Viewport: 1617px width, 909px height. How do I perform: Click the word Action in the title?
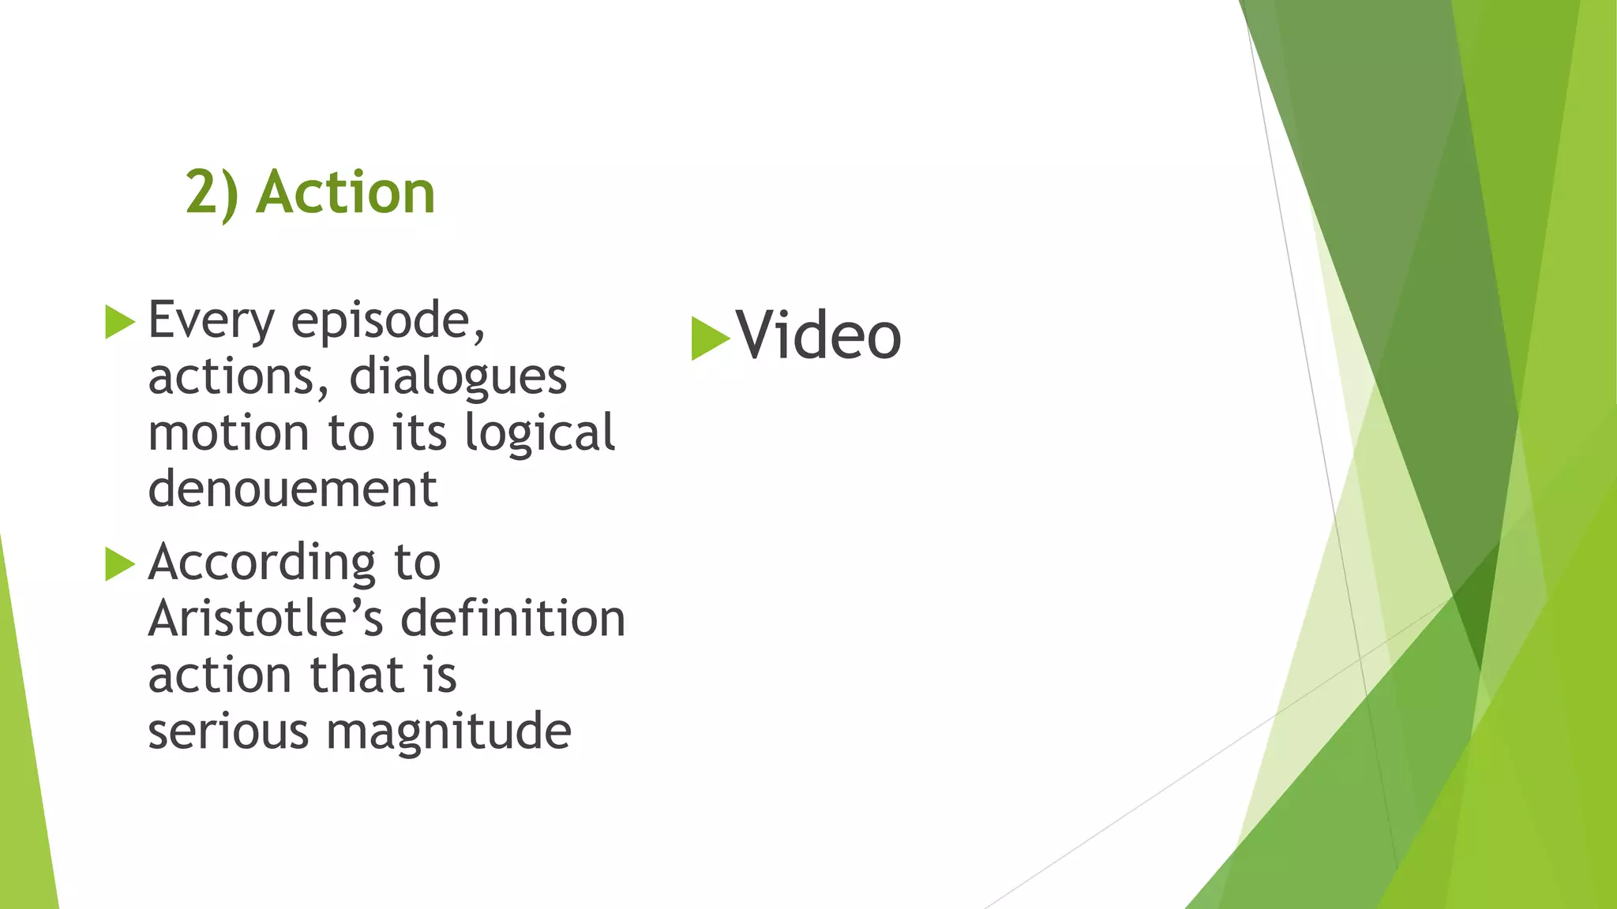tap(346, 193)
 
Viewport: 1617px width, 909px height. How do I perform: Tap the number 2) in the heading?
tap(212, 193)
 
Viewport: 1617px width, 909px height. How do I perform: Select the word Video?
tap(818, 336)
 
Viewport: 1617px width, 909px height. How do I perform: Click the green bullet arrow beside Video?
tap(709, 339)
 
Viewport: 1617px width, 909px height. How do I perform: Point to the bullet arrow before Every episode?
tap(120, 322)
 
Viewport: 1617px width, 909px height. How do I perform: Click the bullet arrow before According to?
tap(120, 564)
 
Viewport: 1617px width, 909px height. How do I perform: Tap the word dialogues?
tap(458, 377)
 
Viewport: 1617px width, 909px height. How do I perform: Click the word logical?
tap(539, 433)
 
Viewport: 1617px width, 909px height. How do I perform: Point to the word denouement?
tap(292, 489)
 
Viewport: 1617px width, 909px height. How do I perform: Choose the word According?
tap(261, 563)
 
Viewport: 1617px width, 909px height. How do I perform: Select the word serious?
tap(228, 731)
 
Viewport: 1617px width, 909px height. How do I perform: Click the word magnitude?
tap(448, 732)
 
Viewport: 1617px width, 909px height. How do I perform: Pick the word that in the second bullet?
tap(358, 675)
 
